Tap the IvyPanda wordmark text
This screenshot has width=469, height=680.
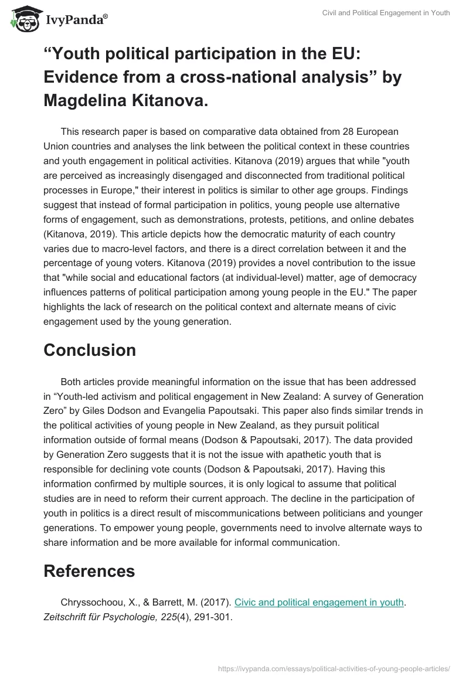point(76,21)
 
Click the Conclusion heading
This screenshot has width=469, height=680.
point(89,350)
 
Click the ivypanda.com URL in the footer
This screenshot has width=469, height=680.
point(333,667)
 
